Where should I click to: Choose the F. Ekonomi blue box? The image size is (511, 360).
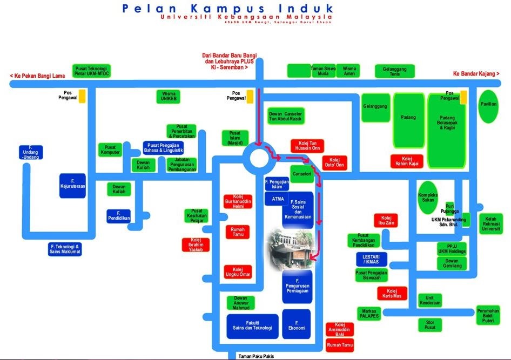pos(297,324)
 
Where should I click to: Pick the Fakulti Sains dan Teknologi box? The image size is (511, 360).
pos(252,326)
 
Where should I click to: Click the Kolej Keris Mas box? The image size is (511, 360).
pos(392,294)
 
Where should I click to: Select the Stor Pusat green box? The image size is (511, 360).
pos(430,325)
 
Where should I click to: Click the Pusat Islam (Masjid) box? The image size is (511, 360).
pos(235,138)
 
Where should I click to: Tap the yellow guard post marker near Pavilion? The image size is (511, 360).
pos(463,97)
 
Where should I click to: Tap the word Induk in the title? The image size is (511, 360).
pos(301,9)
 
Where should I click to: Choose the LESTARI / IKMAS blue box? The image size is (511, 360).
pos(372,259)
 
